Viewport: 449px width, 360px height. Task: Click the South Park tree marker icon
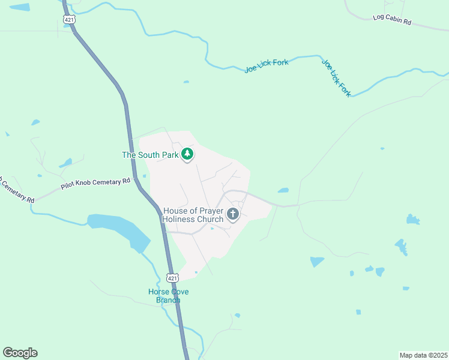tap(188, 155)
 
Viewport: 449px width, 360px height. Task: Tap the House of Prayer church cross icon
tap(233, 214)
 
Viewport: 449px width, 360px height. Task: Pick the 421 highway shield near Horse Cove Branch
tap(173, 278)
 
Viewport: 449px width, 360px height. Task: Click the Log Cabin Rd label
tap(391, 19)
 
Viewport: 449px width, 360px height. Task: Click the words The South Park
tap(151, 155)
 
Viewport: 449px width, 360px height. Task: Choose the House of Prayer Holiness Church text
tap(193, 215)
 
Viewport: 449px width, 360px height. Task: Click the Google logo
tap(20, 353)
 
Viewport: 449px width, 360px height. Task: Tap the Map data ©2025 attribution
tap(423, 355)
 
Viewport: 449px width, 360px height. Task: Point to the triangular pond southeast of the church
tap(316, 262)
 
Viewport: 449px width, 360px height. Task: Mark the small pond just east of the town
tap(283, 191)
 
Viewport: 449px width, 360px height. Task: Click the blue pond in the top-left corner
tap(20, 7)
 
